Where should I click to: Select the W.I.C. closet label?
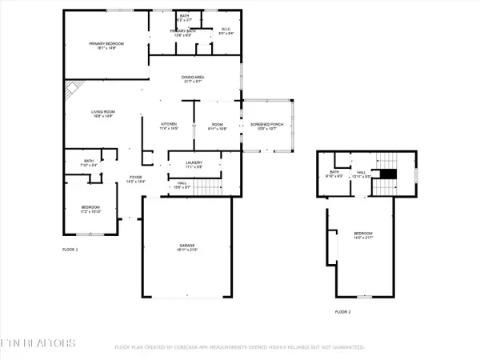(x=226, y=31)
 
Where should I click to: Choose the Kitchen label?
(x=169, y=126)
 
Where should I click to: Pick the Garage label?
(x=189, y=248)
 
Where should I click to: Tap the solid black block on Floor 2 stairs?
(x=387, y=175)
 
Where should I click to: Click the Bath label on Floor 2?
(x=335, y=172)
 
